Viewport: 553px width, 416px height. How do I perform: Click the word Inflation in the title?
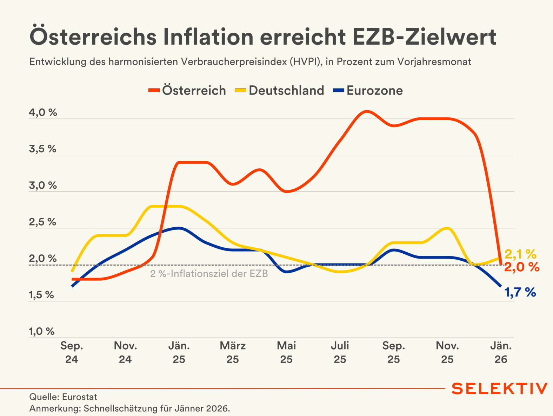[208, 37]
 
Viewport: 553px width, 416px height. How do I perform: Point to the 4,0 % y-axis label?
[43, 113]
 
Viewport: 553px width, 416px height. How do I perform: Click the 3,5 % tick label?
[42, 149]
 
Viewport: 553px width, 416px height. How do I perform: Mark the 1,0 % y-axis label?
[42, 331]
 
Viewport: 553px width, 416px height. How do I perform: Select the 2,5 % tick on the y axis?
[42, 222]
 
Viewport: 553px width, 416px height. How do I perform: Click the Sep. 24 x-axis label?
[72, 352]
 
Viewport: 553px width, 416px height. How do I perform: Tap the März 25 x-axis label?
[233, 352]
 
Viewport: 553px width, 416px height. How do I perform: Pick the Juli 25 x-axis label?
[340, 352]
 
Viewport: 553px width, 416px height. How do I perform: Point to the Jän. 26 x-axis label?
[501, 352]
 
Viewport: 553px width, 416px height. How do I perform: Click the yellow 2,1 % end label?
[520, 254]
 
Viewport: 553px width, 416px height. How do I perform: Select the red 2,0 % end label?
[522, 267]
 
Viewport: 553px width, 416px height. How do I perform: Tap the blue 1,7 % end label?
[520, 292]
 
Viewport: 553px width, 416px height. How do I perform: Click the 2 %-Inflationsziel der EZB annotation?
[209, 274]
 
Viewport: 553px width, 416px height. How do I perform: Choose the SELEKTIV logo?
[499, 389]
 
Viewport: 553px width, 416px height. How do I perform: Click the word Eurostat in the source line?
[79, 397]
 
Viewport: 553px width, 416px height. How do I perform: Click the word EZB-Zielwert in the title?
[424, 37]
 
